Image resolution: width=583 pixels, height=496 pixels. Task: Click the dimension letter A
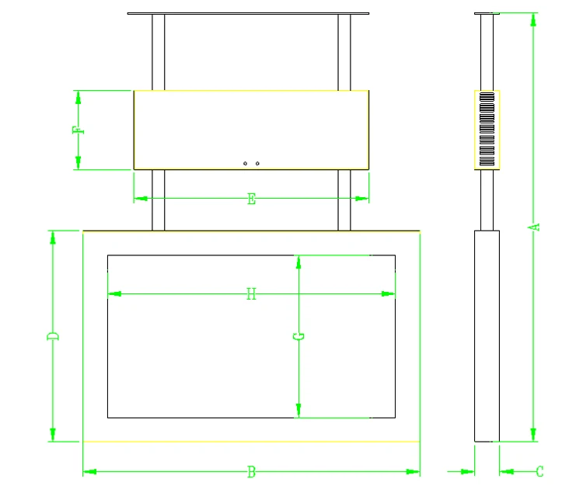[534, 227]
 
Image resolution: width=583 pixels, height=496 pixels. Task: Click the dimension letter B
[252, 472]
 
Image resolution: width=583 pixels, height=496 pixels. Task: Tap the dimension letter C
[540, 471]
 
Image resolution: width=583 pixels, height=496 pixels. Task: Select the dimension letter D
[53, 336]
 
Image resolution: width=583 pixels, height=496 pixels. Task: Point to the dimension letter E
[252, 199]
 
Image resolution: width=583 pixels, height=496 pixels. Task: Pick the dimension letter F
[78, 130]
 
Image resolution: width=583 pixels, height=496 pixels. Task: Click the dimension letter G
[298, 336]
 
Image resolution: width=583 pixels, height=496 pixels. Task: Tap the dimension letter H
[251, 294]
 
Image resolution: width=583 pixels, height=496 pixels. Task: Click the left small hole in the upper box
[245, 163]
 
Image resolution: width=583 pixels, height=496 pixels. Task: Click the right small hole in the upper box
[257, 163]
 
